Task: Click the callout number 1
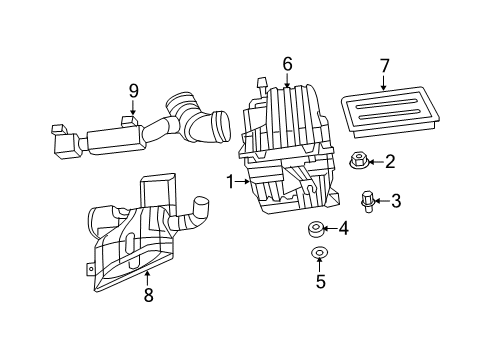[x=231, y=182]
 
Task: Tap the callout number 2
[x=389, y=161]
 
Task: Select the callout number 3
[x=395, y=202]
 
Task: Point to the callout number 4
[x=343, y=229]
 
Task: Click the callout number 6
[x=287, y=64]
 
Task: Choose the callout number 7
[x=383, y=67]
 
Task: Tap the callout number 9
[x=132, y=91]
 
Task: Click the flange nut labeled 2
[x=357, y=161]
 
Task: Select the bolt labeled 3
[x=367, y=200]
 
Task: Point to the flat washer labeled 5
[x=320, y=253]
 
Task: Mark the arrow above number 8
[x=148, y=275]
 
